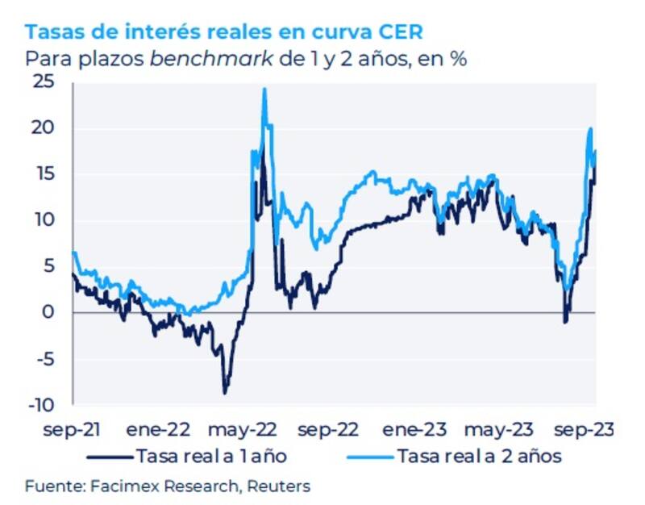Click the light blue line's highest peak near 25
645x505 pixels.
point(264,89)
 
